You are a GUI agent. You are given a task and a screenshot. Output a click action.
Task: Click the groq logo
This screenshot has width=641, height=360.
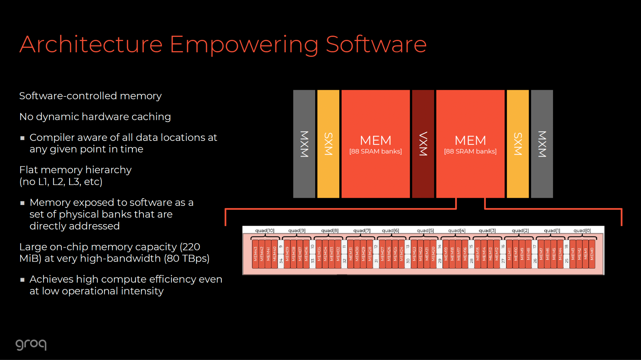tap(31, 344)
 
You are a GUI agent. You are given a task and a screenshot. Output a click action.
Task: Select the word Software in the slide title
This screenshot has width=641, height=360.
tap(376, 44)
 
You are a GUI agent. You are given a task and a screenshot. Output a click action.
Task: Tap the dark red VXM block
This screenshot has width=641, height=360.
tap(423, 144)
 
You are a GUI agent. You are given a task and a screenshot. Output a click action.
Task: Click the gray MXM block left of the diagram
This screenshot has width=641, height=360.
tap(304, 144)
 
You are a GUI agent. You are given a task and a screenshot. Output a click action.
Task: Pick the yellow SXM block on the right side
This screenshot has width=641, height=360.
tap(518, 144)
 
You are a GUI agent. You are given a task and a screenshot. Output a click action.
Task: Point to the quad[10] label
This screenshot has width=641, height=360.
tap(264, 231)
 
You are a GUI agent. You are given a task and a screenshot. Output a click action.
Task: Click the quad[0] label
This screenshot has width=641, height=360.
tap(582, 231)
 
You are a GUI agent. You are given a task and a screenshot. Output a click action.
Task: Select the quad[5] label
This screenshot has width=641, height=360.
tap(425, 231)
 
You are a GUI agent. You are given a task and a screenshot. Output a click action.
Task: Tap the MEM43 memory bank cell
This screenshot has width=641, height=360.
tap(255, 254)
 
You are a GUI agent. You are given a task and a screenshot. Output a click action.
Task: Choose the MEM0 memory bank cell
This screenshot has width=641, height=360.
tap(592, 254)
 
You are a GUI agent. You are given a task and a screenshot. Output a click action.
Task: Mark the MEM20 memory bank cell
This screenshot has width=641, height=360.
tap(433, 254)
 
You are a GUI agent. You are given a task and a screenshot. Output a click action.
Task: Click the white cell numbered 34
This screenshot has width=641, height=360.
tap(281, 261)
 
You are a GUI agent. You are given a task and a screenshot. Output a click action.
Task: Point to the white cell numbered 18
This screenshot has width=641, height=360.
tap(566, 247)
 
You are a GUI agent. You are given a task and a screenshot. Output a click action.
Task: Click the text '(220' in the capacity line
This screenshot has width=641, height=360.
tap(190, 247)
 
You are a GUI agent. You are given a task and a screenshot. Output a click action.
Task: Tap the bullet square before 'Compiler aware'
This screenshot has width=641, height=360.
tap(23, 138)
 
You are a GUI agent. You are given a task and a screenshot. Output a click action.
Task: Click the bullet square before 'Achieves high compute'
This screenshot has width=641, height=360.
tap(23, 280)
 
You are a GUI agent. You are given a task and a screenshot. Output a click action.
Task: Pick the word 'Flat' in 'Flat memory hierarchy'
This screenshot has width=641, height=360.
tap(29, 170)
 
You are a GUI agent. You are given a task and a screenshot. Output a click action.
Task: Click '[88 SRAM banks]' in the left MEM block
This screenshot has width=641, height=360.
tap(376, 152)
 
